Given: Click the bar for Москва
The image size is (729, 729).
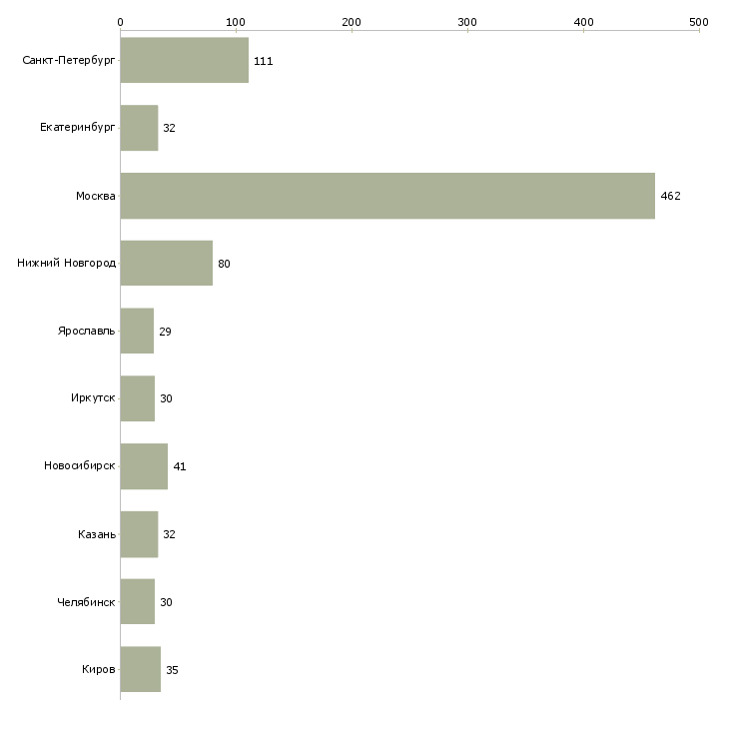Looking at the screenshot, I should click(387, 196).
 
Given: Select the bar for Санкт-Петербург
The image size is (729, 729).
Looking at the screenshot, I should click(184, 61).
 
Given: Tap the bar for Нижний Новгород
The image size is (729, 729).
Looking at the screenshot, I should click(166, 264).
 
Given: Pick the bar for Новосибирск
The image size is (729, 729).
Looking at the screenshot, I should click(144, 466).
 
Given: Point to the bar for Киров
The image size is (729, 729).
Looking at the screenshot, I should click(140, 669).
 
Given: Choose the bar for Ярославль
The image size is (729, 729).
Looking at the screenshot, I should click(137, 332).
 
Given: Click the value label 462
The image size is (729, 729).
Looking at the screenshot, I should click(670, 197).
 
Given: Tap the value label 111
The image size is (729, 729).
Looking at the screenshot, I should click(263, 62).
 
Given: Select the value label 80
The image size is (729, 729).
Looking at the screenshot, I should click(224, 265).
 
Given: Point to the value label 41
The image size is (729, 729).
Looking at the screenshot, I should click(180, 467).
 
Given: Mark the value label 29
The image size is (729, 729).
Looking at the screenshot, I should click(165, 333).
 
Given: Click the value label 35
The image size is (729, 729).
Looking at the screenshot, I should click(172, 670).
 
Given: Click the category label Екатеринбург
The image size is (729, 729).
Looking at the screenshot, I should click(78, 129).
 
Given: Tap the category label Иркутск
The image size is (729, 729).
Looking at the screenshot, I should click(93, 398).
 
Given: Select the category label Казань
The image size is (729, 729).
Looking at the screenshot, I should click(97, 534).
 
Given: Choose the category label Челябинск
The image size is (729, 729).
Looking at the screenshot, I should click(87, 602).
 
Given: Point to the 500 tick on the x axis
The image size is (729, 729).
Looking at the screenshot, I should click(699, 21).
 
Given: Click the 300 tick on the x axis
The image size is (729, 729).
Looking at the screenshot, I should click(467, 21).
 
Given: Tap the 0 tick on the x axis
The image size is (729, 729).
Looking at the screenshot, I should click(120, 21).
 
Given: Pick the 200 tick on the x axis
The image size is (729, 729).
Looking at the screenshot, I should click(352, 21).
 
